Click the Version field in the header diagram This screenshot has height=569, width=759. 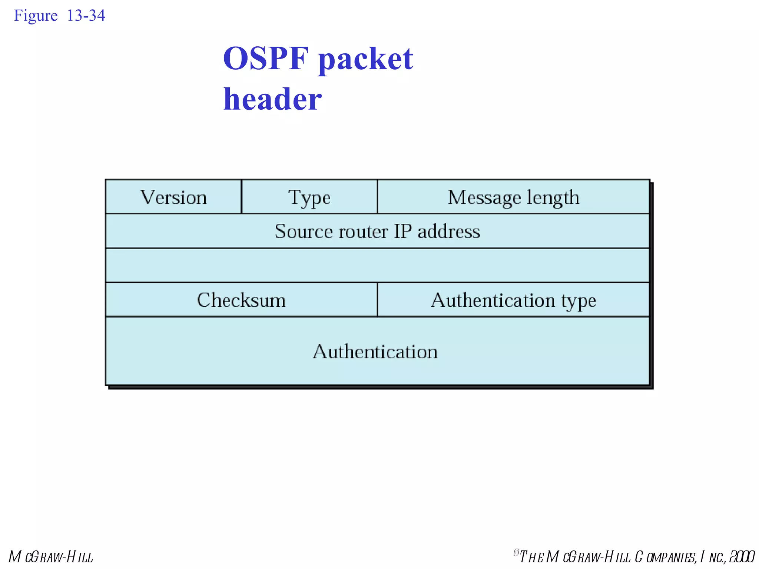point(173,197)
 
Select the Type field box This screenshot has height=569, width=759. point(309,197)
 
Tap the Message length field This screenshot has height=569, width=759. point(513,197)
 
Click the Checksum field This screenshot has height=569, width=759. point(241,300)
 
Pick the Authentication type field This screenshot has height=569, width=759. point(513,300)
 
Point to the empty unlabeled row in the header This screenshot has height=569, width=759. point(377,265)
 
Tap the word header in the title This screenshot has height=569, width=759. point(272,99)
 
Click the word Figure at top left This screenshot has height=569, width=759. point(36,16)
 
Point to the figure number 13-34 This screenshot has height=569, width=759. point(86,16)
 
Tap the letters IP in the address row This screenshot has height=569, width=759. point(402,232)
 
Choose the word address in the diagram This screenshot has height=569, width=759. point(449,232)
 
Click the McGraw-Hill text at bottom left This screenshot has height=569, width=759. point(51,557)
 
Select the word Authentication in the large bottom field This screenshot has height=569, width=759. point(375,351)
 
